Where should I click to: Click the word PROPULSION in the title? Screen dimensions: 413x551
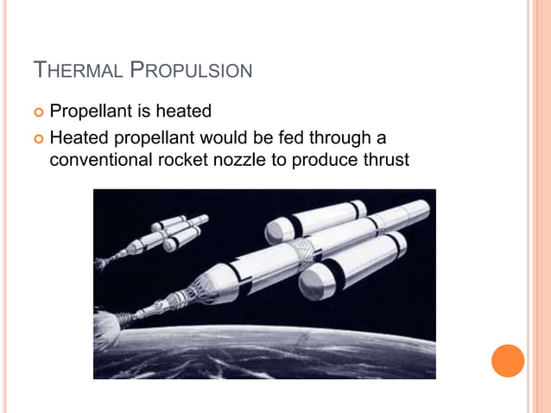tap(191, 69)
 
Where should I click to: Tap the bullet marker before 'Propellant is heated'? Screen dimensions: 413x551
tap(39, 112)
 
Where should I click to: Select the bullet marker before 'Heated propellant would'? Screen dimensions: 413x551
tap(39, 138)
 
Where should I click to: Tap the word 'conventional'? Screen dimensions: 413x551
tap(98, 159)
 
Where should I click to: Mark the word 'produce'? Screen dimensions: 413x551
tap(324, 159)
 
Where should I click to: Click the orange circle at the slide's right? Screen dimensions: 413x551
tap(508, 360)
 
